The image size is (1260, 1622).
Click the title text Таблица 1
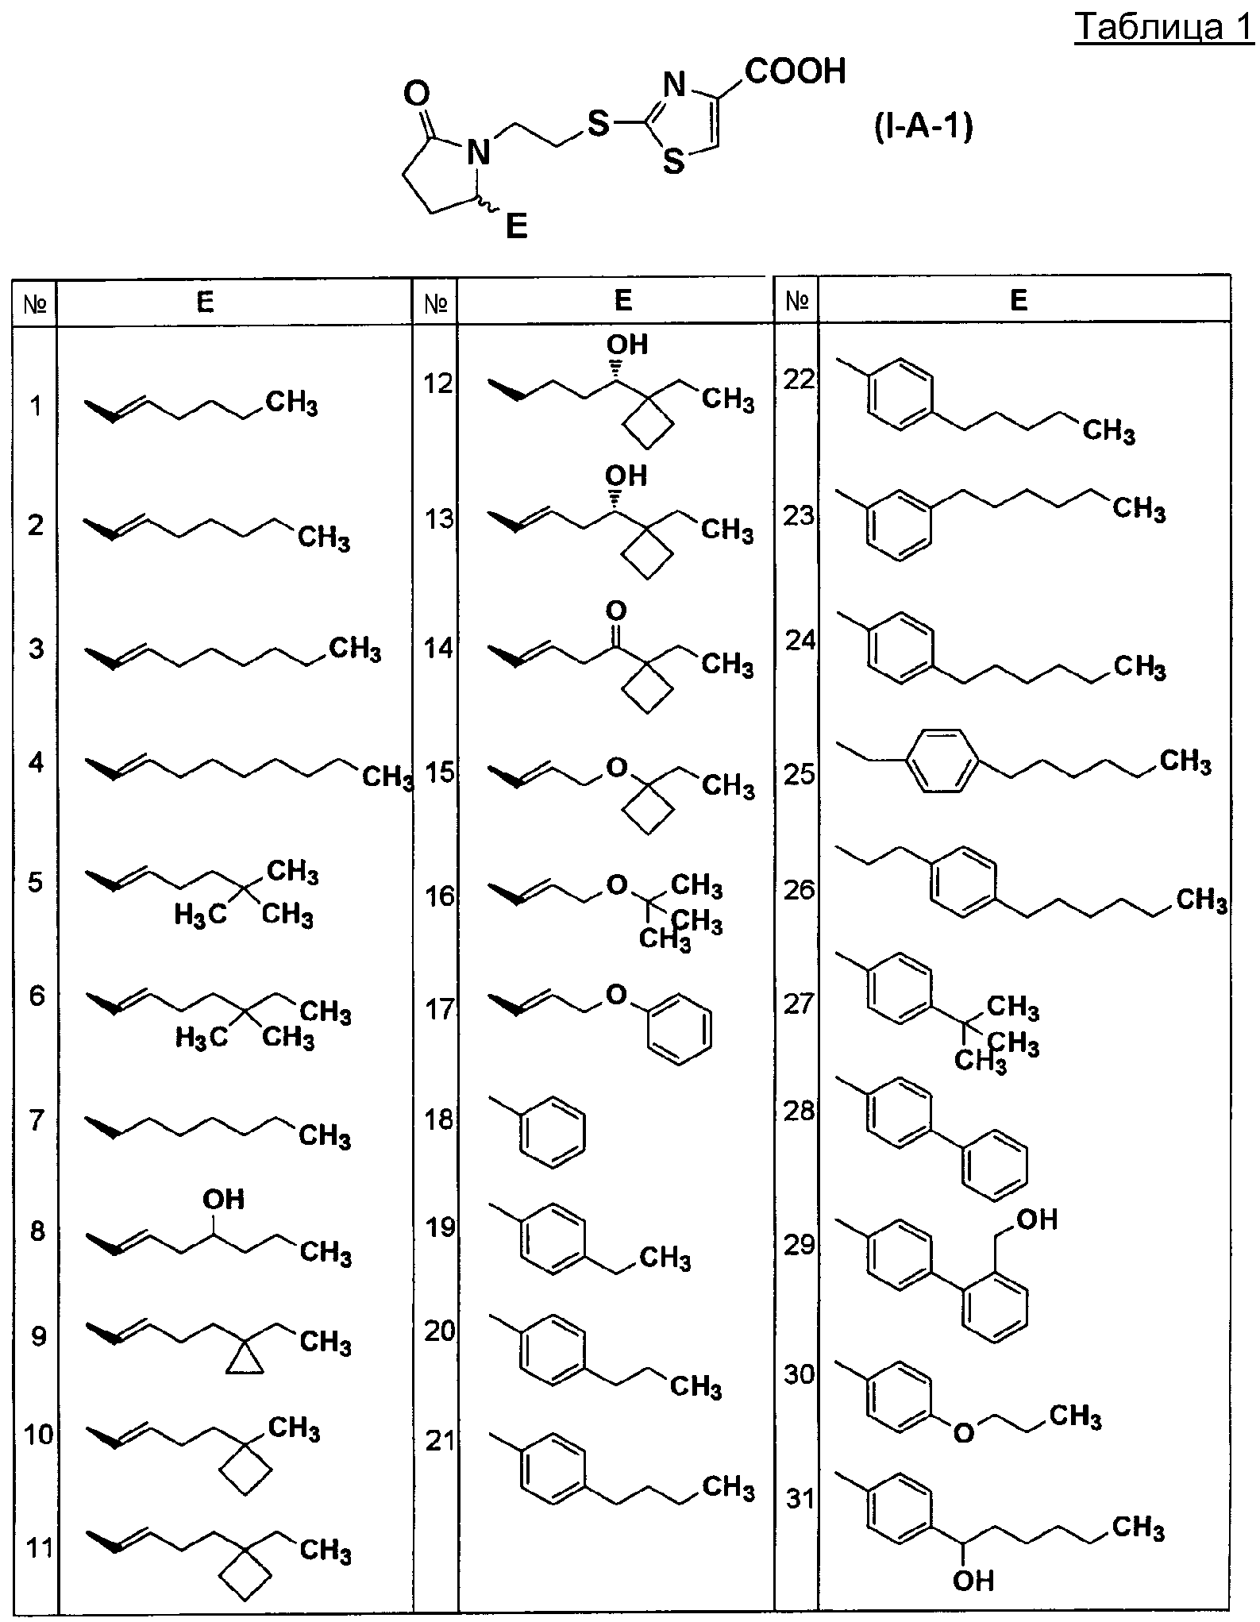tap(1164, 29)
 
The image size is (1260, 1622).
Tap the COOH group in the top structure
tap(796, 71)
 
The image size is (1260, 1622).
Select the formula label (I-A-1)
tap(923, 128)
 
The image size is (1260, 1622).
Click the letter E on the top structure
tap(516, 228)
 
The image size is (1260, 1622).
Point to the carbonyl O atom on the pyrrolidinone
tap(417, 94)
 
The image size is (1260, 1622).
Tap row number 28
tap(800, 1111)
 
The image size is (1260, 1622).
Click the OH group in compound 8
tap(224, 1199)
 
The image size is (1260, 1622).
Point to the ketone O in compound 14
tap(615, 611)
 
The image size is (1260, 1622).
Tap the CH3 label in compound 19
tap(665, 1258)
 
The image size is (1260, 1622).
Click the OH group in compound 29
tap(1037, 1219)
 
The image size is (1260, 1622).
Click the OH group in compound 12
tap(627, 344)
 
